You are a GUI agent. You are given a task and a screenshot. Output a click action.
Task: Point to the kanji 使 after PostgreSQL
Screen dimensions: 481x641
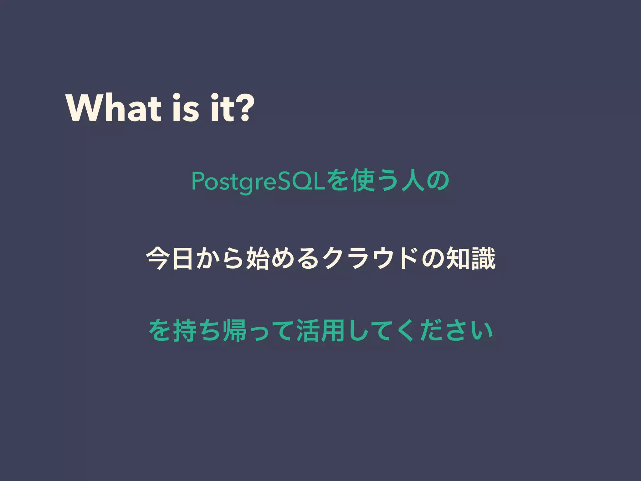(363, 181)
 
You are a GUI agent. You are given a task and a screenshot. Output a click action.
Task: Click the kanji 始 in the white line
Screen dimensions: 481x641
(258, 259)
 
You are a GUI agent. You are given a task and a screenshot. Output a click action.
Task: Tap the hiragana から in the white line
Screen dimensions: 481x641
(220, 259)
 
